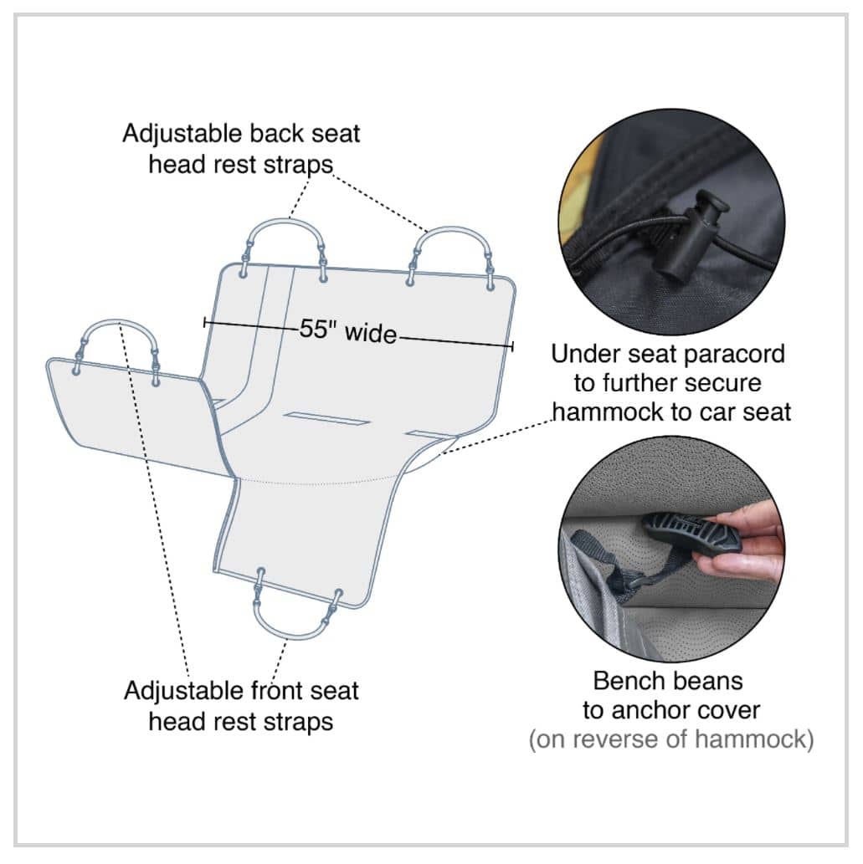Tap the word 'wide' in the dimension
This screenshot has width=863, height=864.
(x=371, y=334)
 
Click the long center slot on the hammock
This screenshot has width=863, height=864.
(x=327, y=418)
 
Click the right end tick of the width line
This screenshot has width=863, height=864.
(x=512, y=346)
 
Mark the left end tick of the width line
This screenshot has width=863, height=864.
(x=205, y=322)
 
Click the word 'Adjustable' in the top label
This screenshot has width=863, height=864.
(x=182, y=134)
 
